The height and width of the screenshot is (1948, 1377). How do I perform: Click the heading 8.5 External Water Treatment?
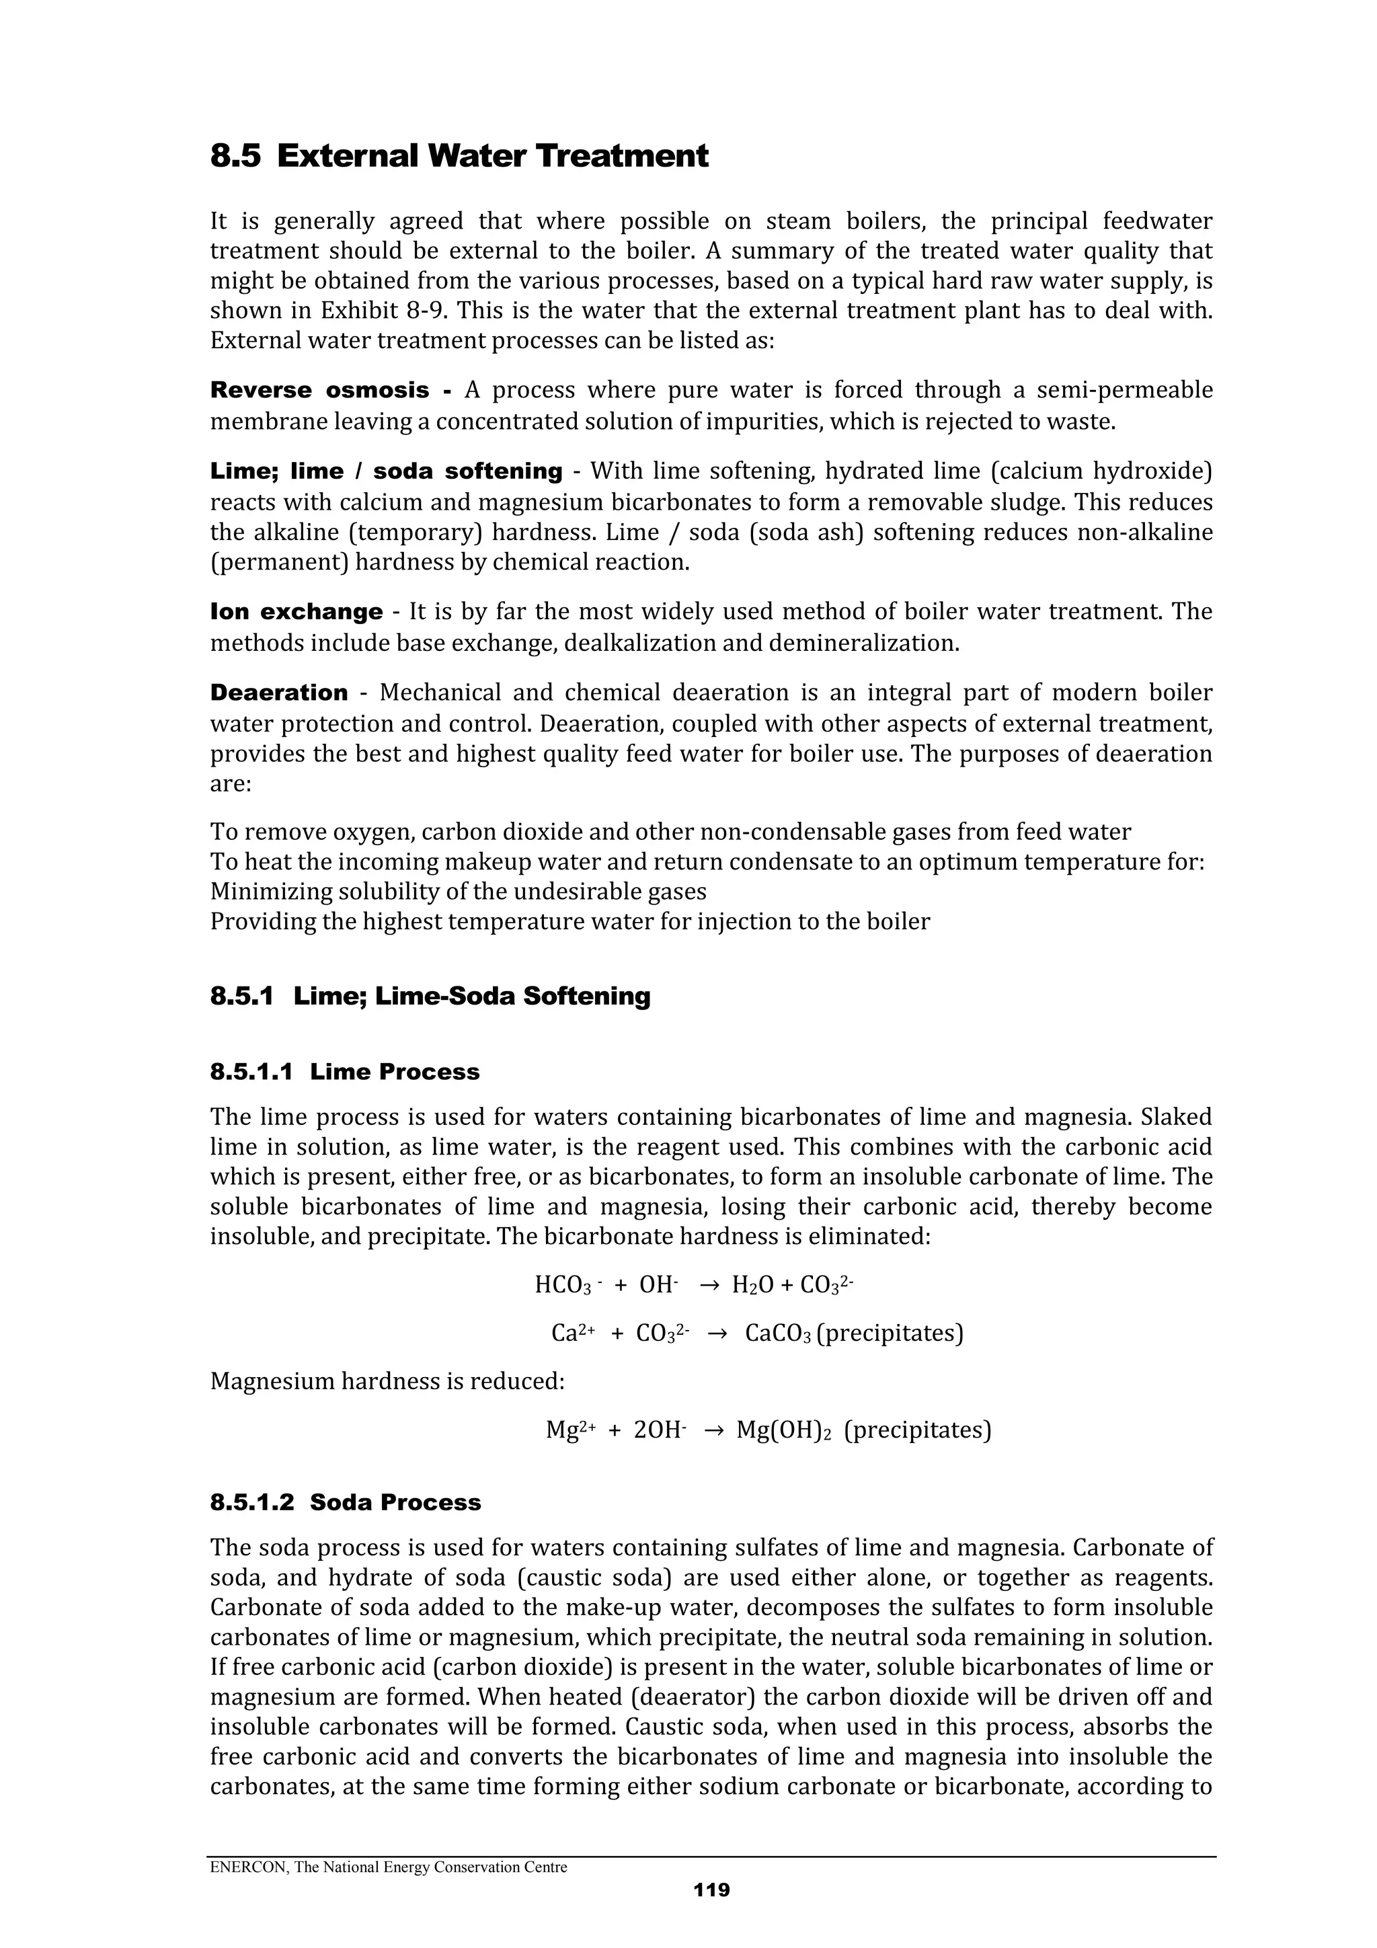459,156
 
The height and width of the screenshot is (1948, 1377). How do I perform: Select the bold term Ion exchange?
296,612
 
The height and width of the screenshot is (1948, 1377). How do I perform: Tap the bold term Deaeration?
278,693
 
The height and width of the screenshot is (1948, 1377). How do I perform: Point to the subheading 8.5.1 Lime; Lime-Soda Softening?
430,996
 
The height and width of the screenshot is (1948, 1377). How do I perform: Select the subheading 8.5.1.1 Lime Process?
344,1072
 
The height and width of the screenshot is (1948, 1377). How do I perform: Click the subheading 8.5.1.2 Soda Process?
346,1503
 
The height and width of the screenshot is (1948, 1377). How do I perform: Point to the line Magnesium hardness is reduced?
387,1381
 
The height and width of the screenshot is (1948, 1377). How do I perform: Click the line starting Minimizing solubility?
458,892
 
